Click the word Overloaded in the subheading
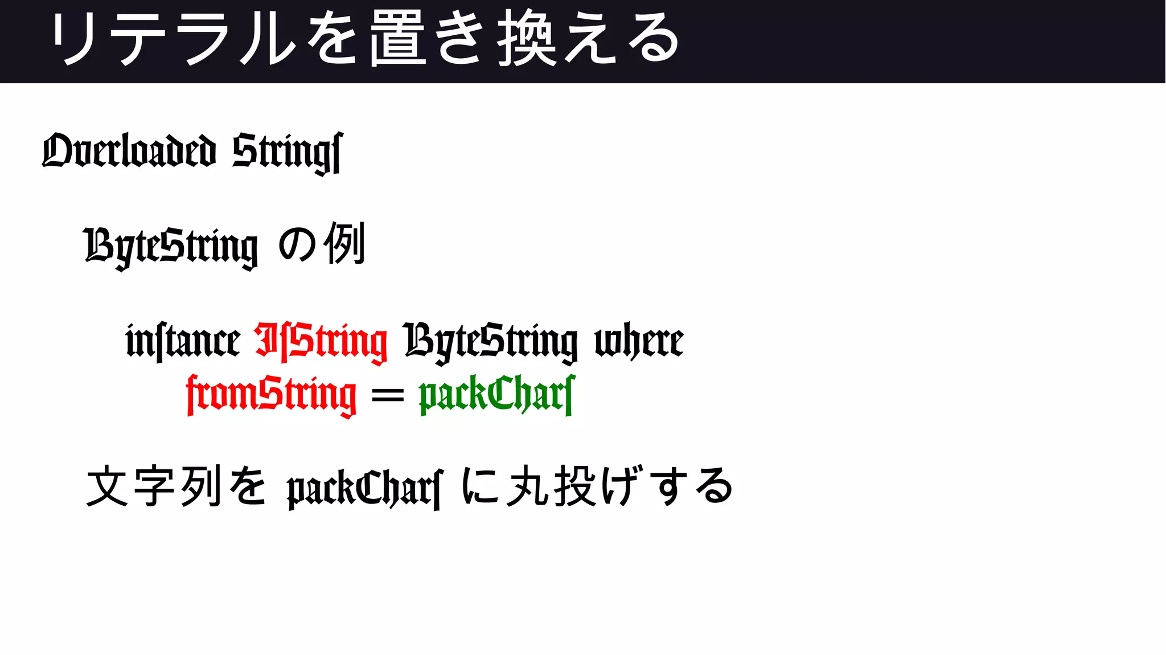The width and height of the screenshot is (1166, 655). click(x=129, y=152)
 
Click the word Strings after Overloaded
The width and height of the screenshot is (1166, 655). click(x=288, y=152)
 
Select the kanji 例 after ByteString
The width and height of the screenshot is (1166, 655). click(x=344, y=244)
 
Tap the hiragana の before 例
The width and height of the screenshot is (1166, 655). click(x=297, y=245)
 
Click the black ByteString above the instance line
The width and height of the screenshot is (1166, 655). click(x=170, y=246)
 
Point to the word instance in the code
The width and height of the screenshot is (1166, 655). click(x=183, y=341)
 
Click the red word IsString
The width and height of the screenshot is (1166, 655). click(x=321, y=341)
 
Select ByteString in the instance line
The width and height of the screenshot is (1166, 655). click(x=491, y=341)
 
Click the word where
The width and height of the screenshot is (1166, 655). click(x=639, y=341)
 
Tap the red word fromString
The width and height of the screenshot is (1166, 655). click(x=272, y=394)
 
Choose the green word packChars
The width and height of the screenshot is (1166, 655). click(x=497, y=394)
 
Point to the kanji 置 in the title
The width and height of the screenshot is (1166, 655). click(x=397, y=39)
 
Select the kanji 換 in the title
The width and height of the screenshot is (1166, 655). click(x=527, y=39)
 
